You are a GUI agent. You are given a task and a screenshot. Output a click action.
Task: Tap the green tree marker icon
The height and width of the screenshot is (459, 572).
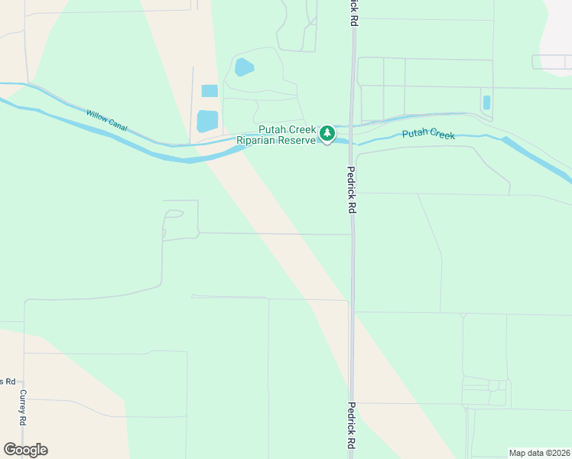point(327,134)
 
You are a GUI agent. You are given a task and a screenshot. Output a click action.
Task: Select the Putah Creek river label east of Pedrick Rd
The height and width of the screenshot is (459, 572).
point(428,135)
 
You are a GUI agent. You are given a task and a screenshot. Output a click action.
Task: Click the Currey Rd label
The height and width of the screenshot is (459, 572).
point(24,407)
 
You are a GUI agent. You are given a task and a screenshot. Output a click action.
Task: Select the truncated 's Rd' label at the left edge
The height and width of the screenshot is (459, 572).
point(6,381)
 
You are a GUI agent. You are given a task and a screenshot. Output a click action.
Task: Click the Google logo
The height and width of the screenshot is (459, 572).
point(25,449)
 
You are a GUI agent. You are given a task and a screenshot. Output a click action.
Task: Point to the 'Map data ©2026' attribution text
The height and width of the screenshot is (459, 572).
point(539,452)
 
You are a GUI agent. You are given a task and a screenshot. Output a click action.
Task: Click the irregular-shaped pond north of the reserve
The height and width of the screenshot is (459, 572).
point(244,67)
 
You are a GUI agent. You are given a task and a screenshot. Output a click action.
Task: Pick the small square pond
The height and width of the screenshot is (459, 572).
point(210,91)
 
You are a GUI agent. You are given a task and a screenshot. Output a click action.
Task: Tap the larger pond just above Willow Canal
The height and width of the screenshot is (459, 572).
point(207,121)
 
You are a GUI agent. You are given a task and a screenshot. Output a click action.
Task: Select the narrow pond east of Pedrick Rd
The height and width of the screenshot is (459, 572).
point(486,103)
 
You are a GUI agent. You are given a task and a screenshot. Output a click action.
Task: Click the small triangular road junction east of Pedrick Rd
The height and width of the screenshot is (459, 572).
point(463,315)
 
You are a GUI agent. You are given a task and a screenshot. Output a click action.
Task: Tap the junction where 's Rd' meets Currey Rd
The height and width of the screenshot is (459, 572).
point(24,380)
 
